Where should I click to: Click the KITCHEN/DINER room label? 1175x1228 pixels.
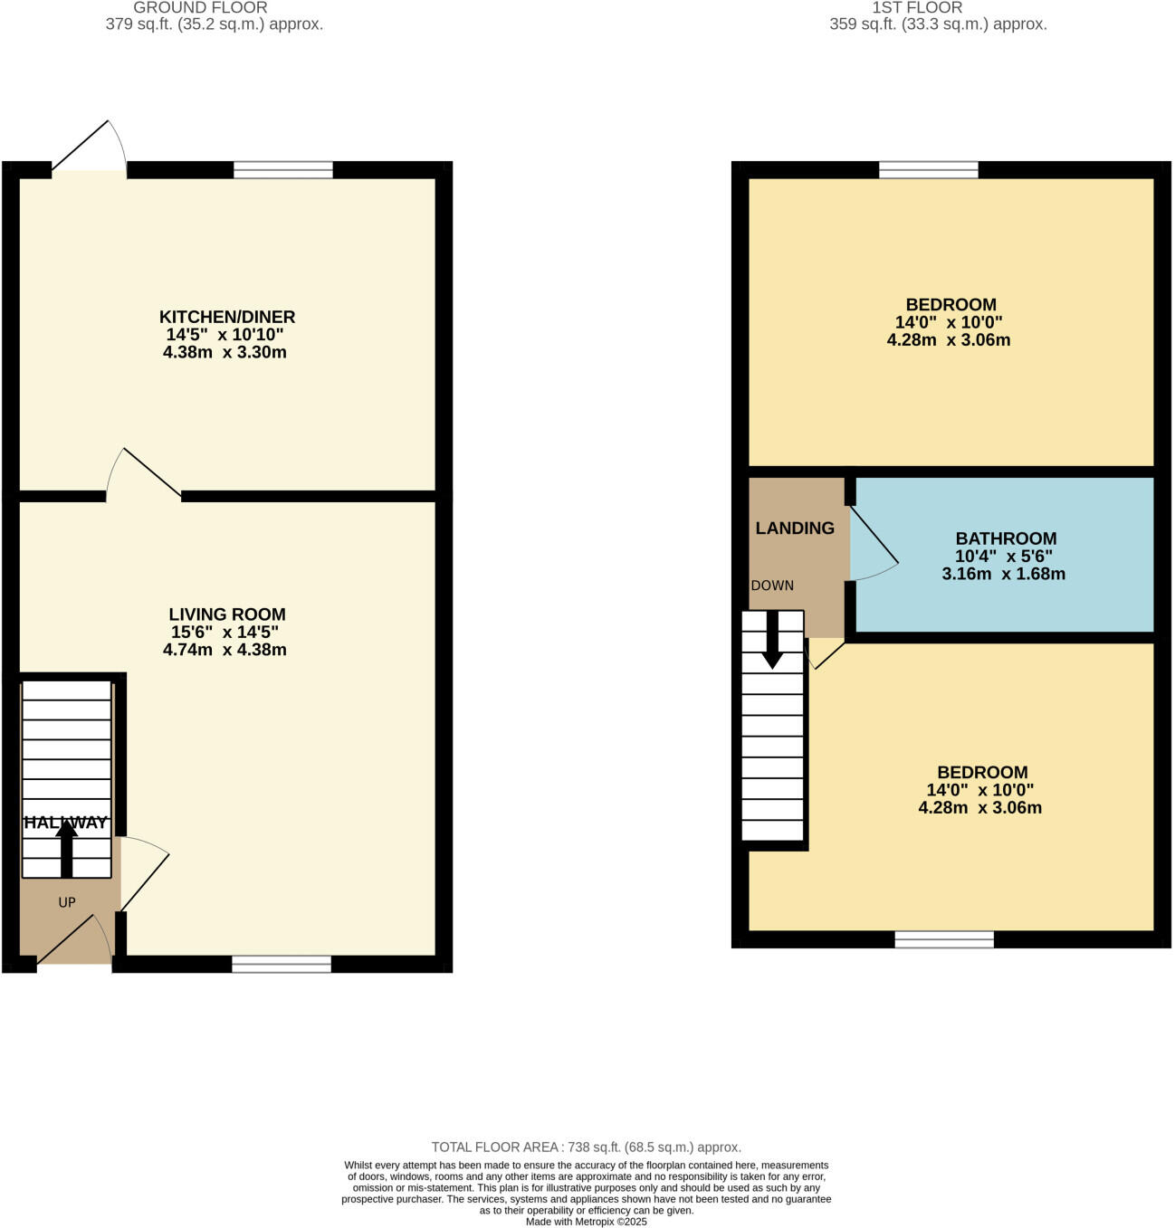[x=226, y=317]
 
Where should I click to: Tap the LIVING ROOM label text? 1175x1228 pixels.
[x=226, y=614]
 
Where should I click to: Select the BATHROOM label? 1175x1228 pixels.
[x=1005, y=538]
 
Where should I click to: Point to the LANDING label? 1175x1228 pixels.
[x=794, y=528]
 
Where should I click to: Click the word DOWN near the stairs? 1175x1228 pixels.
[x=771, y=585]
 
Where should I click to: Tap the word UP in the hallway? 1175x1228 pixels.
[x=67, y=901]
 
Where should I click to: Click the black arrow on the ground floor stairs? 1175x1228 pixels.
[x=66, y=849]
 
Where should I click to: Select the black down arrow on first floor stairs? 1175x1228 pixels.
[x=771, y=640]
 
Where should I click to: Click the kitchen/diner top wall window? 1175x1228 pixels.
[x=282, y=170]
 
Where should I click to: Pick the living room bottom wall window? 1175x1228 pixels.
[x=281, y=964]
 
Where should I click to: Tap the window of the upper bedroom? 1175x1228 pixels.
[x=928, y=170]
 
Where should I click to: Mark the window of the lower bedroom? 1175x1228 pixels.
[x=944, y=939]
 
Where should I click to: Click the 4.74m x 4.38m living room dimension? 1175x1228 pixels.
[x=224, y=650]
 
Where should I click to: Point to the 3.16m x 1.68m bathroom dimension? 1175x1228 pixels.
[x=1003, y=574]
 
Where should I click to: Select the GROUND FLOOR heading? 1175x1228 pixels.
[x=200, y=7]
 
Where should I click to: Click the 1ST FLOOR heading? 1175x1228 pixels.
[x=917, y=7]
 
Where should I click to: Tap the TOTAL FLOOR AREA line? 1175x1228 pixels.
[x=586, y=1147]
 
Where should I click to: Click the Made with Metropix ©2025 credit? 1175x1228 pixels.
[x=587, y=1221]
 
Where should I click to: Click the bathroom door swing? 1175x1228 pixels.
[x=874, y=543]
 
